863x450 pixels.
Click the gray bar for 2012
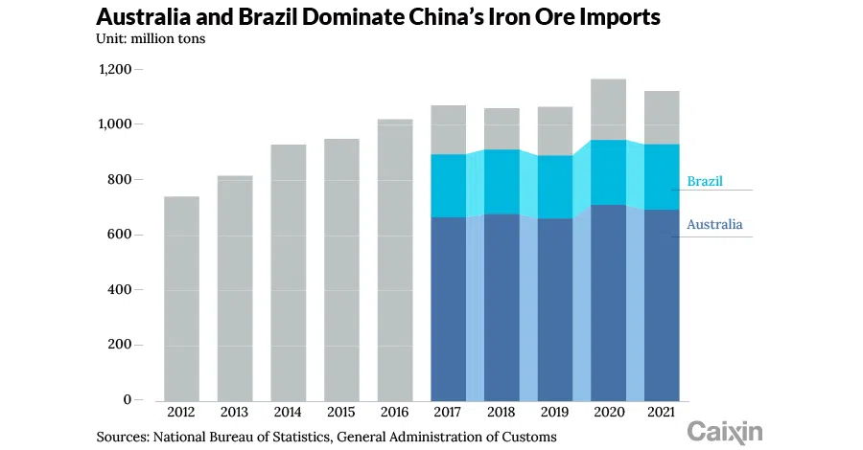[x=181, y=298]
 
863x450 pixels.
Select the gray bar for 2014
[x=289, y=272]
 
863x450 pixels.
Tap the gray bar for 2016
[x=395, y=259]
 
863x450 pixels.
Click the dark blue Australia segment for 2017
[x=449, y=308]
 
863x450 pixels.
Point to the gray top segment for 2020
[x=609, y=109]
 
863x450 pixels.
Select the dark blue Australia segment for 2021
[x=662, y=304]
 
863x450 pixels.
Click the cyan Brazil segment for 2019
[x=555, y=187]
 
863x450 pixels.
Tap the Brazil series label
[x=705, y=181]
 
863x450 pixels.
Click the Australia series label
[x=714, y=225]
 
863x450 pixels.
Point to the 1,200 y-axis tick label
[x=114, y=70]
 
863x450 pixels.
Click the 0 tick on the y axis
[x=127, y=400]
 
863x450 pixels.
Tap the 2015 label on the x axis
[x=341, y=412]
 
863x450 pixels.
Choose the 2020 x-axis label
[x=609, y=412]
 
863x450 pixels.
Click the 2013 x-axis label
[x=235, y=412]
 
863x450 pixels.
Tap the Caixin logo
[x=725, y=431]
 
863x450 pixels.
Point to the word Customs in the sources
[x=526, y=437]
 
